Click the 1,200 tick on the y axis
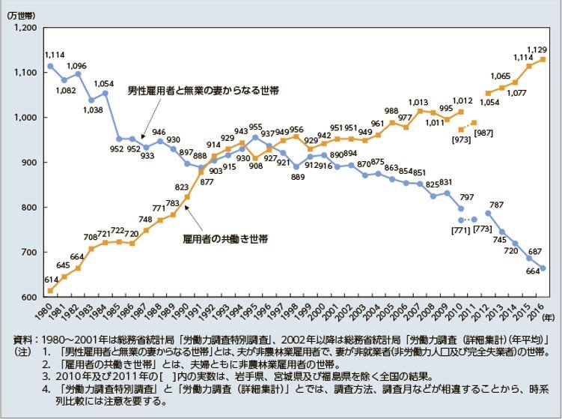pyautogui.click(x=24, y=28)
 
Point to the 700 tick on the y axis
pyautogui.click(x=28, y=252)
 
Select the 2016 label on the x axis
pyautogui.click(x=543, y=308)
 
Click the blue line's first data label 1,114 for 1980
pyautogui.click(x=55, y=55)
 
